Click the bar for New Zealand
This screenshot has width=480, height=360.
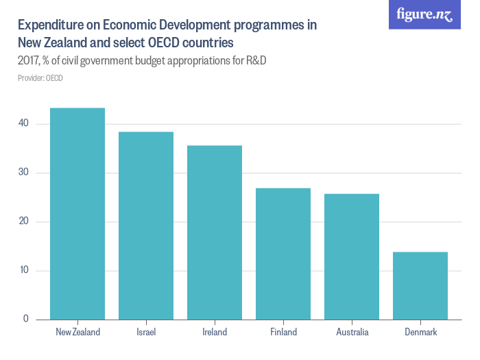(77, 213)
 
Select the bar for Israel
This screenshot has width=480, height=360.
(146, 226)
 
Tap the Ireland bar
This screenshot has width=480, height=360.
(215, 232)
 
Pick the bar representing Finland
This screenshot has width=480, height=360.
(283, 254)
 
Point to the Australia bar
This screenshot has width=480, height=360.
(352, 256)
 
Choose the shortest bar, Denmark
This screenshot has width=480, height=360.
(420, 286)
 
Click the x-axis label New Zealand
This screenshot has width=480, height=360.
(77, 333)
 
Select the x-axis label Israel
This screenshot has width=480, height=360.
(146, 333)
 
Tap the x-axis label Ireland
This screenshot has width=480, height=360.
(215, 333)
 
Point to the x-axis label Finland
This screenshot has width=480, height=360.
(283, 333)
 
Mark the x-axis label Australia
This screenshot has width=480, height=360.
(352, 333)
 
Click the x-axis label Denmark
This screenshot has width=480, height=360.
(420, 333)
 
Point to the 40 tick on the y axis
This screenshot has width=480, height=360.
(24, 123)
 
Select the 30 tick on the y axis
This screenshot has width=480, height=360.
(24, 173)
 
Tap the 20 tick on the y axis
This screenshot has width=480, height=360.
(24, 221)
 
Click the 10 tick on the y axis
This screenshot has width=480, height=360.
(24, 270)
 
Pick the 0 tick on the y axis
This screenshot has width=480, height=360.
(26, 319)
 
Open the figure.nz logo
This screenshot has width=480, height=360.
(424, 15)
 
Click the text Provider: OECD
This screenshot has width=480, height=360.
(40, 78)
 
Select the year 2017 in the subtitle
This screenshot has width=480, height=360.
(29, 61)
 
